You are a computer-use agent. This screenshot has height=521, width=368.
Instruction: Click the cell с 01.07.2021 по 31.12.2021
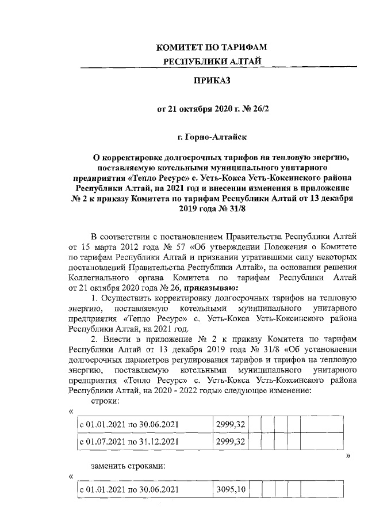click(x=128, y=442)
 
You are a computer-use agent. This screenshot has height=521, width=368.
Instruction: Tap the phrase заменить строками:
click(x=128, y=466)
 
